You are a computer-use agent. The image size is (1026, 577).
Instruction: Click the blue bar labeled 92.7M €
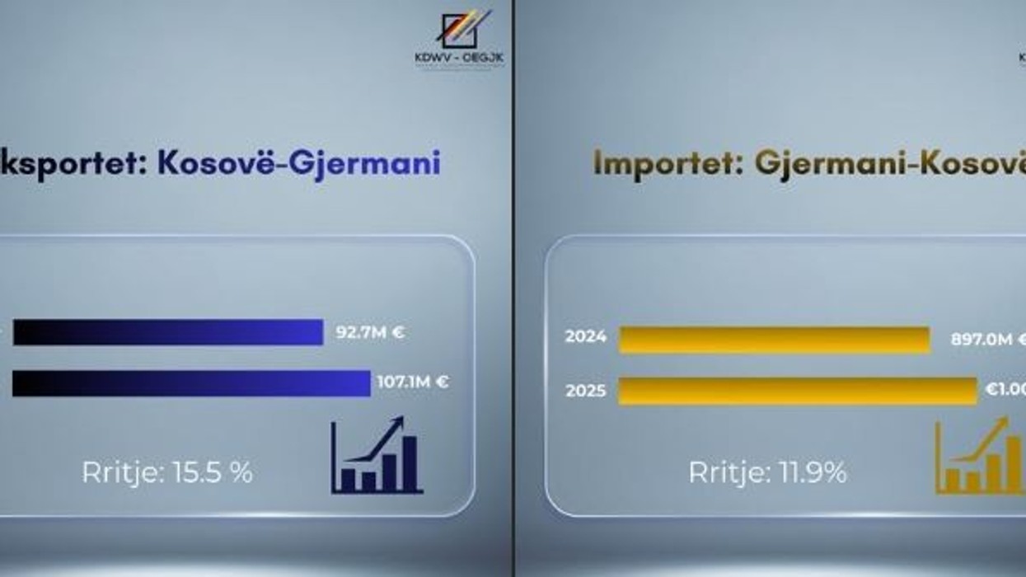tap(168, 332)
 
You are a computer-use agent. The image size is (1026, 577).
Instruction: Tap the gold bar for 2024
tap(774, 340)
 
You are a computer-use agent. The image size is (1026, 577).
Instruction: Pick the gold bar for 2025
tap(797, 390)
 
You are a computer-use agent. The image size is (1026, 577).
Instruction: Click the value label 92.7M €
tap(370, 333)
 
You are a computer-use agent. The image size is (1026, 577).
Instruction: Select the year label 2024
tap(586, 336)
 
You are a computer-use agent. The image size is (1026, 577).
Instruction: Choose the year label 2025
tap(586, 390)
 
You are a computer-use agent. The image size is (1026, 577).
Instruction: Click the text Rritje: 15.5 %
tap(167, 472)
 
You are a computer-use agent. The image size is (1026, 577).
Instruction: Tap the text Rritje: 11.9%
tap(767, 472)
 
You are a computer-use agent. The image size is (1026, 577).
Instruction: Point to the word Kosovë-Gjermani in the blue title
tap(299, 162)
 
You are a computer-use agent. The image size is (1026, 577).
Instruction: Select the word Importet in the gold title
tap(664, 162)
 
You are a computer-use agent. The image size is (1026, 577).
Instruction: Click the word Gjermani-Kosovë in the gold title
tap(890, 162)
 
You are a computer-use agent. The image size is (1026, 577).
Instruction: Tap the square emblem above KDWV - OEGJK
tap(460, 30)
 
